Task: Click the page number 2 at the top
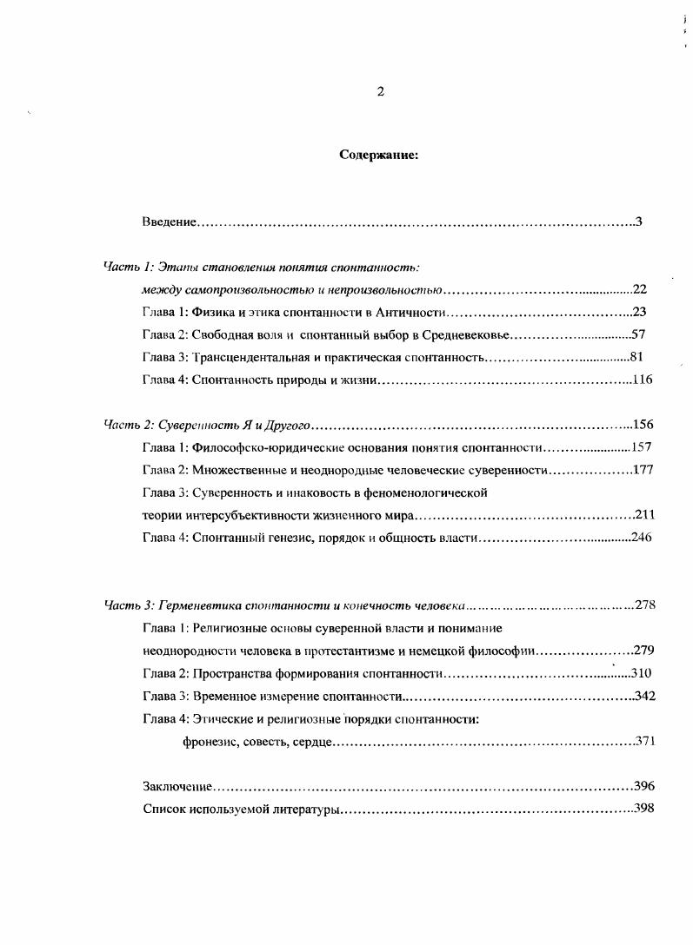(380, 92)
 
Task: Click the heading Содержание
(378, 156)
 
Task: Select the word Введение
(169, 222)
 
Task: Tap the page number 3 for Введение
(638, 222)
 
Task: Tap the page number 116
(643, 379)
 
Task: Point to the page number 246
(641, 538)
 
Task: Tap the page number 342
(644, 696)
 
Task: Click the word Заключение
(177, 786)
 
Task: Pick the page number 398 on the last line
(644, 809)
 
